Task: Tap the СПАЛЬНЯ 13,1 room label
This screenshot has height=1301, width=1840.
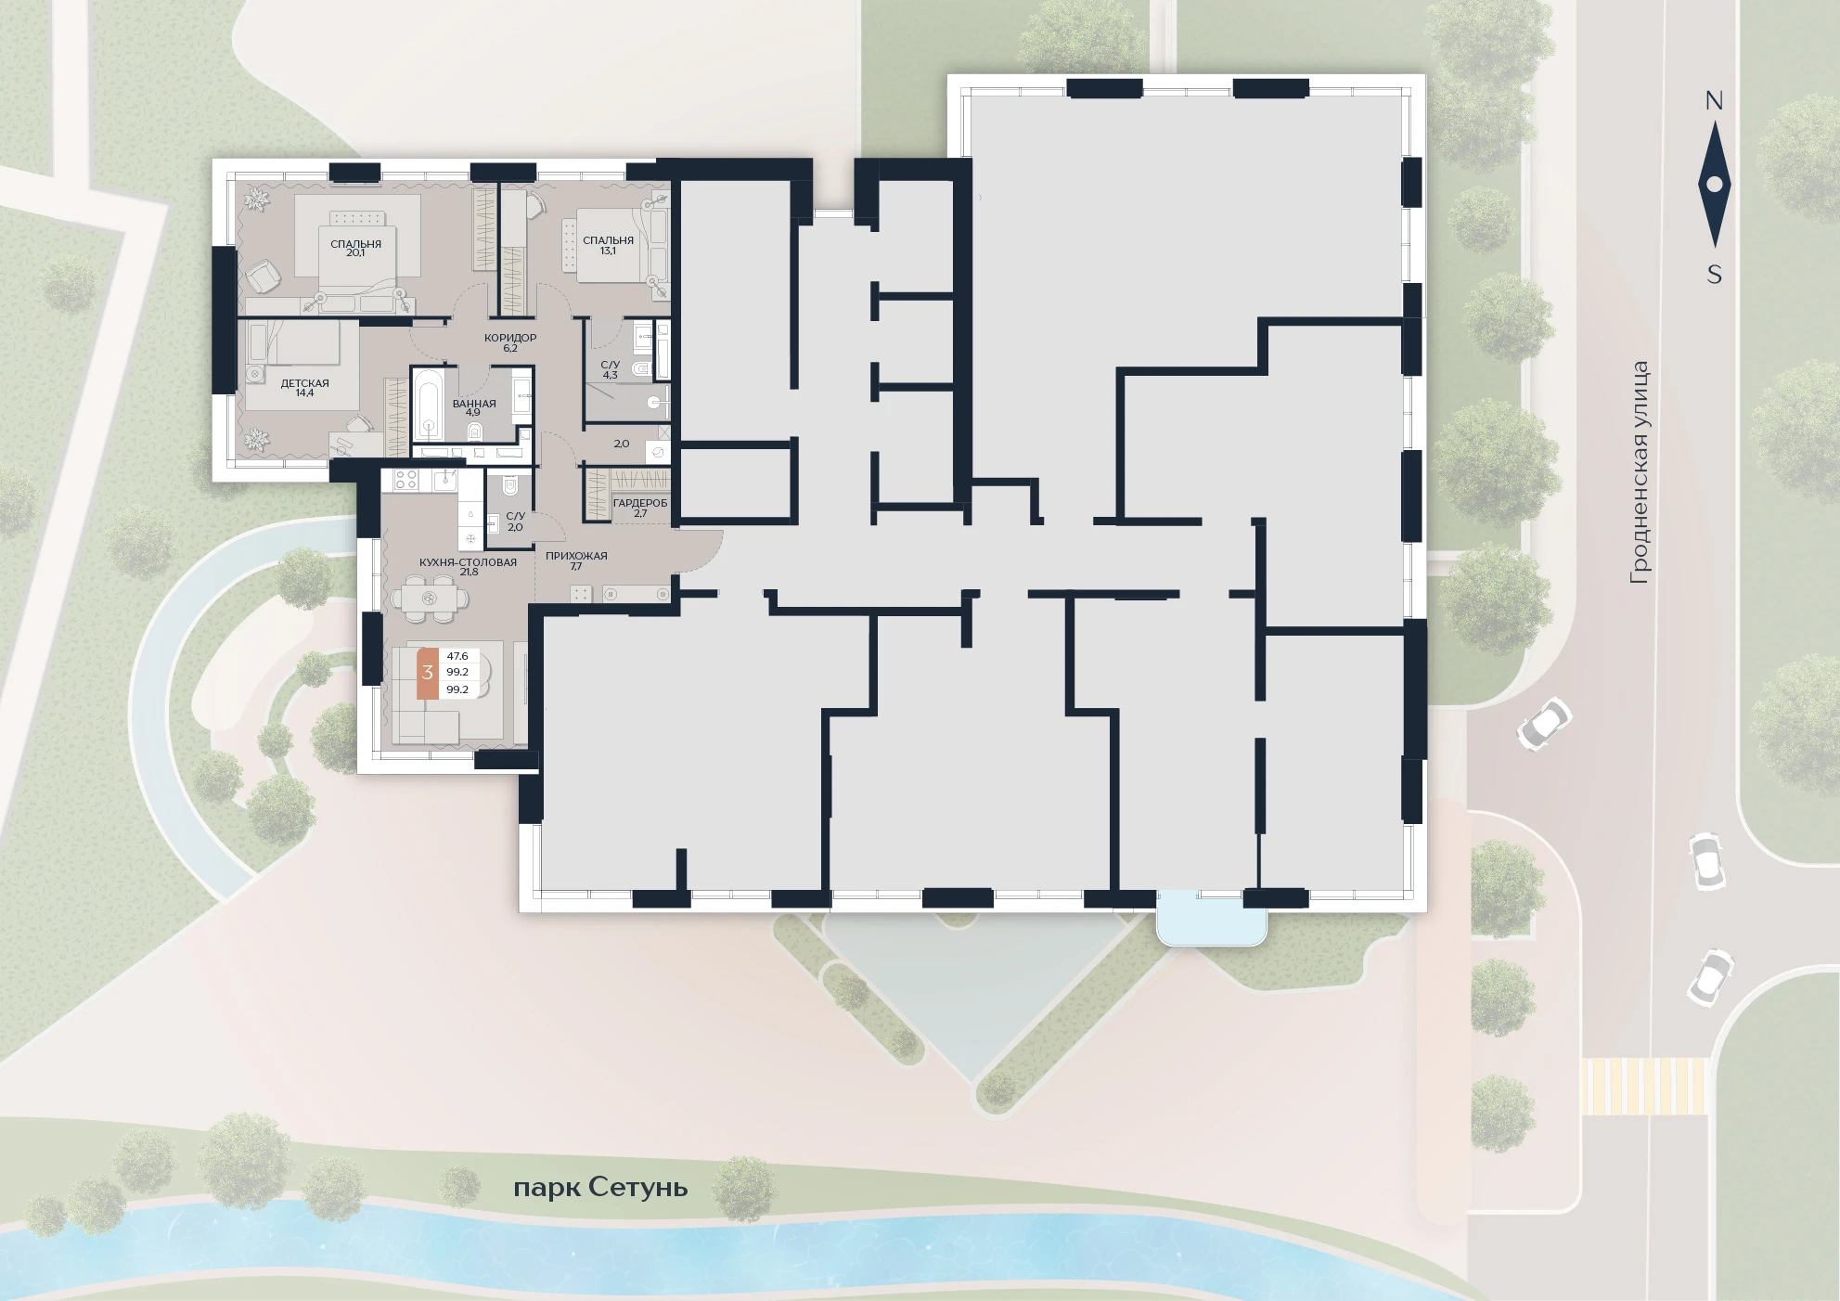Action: point(608,245)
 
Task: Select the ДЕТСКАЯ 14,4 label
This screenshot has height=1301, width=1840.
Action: point(304,388)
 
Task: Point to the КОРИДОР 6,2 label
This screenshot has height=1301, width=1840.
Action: point(510,342)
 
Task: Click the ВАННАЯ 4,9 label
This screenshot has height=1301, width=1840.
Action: point(474,407)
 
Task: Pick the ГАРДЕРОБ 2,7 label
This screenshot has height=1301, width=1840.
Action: point(640,508)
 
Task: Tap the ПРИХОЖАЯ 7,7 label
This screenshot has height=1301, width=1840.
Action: point(576,560)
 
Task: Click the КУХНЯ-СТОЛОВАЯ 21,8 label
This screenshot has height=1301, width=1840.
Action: point(468,567)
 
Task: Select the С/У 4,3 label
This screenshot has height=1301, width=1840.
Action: point(610,370)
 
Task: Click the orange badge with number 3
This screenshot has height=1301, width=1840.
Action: point(428,672)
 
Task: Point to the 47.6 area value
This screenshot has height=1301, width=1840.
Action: point(457,656)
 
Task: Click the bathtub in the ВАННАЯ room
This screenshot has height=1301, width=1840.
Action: point(430,405)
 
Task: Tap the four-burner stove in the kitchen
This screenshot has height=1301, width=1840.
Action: point(406,479)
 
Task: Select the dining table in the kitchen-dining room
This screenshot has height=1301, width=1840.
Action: point(429,598)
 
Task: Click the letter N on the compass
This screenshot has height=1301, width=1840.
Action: point(1714,101)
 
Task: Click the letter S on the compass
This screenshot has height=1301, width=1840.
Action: point(1715,275)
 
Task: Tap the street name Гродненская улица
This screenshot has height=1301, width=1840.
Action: point(1640,472)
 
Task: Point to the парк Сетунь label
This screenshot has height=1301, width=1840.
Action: point(600,1188)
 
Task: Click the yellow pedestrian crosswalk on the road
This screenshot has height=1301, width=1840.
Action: point(1644,1087)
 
